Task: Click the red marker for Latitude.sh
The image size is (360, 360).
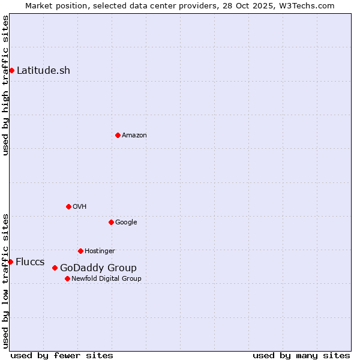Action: click(x=11, y=70)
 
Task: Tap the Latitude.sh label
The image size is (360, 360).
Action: click(x=43, y=70)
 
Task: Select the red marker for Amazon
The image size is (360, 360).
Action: click(x=118, y=135)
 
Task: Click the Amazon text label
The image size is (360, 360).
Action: click(x=134, y=135)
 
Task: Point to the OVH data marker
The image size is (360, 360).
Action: click(x=68, y=206)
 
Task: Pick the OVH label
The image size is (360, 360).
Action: click(x=80, y=206)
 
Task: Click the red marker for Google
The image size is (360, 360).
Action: click(x=111, y=222)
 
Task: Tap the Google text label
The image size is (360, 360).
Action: click(x=126, y=222)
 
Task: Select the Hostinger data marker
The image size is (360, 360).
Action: click(x=80, y=251)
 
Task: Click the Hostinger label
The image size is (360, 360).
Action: click(x=100, y=251)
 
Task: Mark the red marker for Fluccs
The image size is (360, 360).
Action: click(x=10, y=262)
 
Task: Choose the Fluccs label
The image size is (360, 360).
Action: click(x=30, y=262)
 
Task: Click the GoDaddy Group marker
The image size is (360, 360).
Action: click(x=55, y=268)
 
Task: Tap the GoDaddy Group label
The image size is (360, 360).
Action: click(x=98, y=268)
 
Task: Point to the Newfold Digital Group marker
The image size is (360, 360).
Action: click(x=67, y=278)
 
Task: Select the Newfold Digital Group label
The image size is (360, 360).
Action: click(x=106, y=278)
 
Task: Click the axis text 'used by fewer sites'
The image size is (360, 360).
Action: click(x=62, y=355)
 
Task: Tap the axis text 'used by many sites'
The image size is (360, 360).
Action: click(x=301, y=355)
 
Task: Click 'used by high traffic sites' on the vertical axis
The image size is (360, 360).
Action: click(x=6, y=85)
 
